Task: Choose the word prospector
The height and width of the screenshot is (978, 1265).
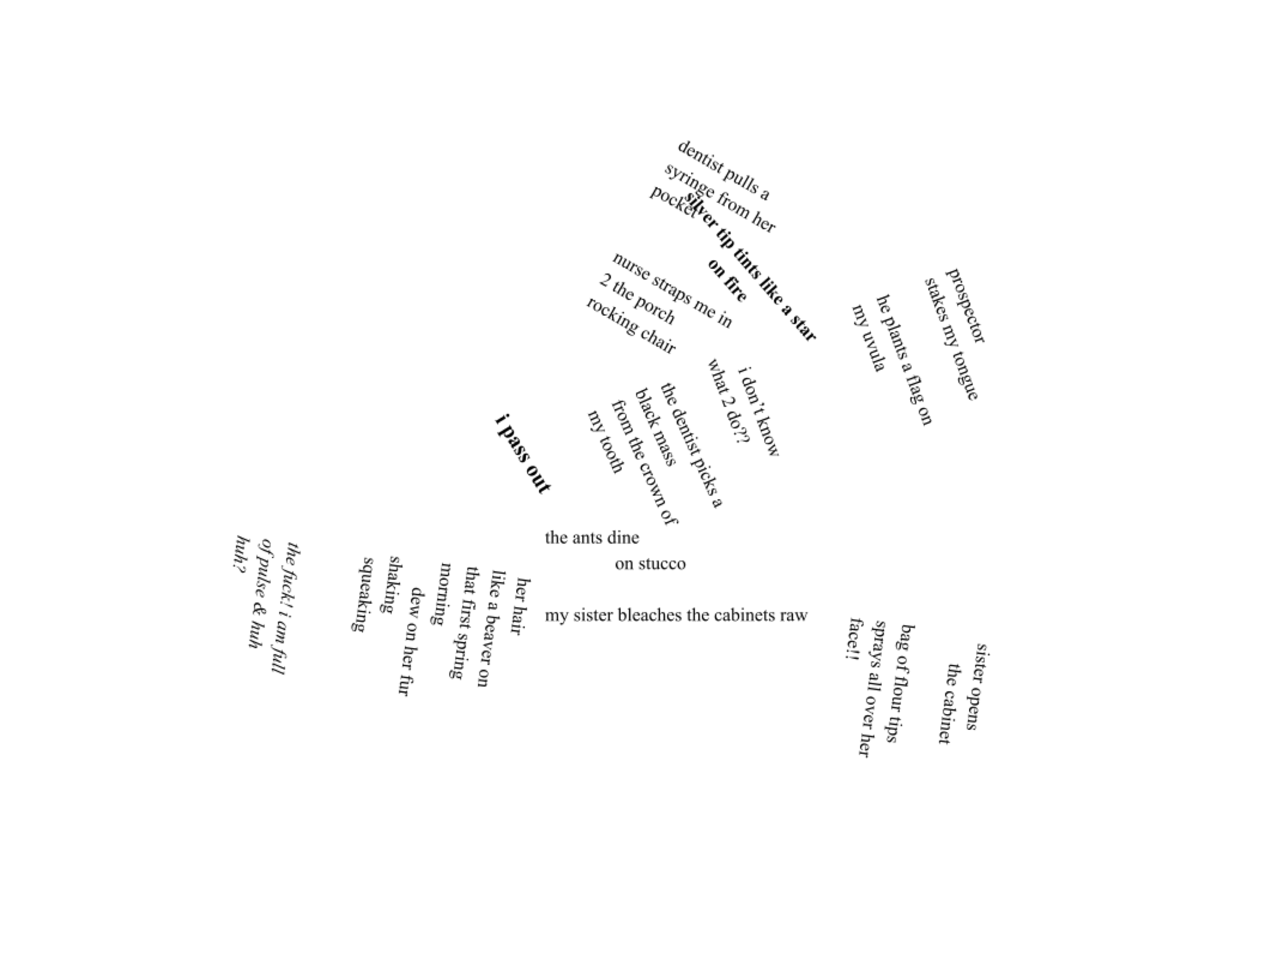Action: pyautogui.click(x=965, y=305)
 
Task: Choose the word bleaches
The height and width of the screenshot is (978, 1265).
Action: pyautogui.click(x=650, y=616)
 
